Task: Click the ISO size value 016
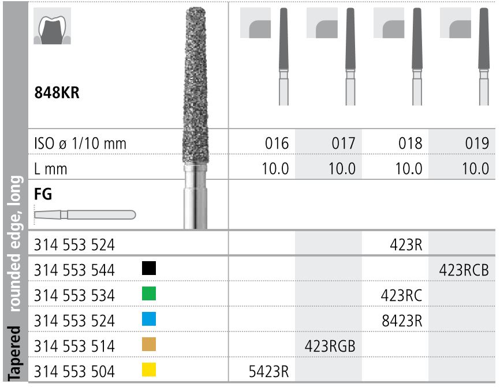277,143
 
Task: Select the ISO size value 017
344,143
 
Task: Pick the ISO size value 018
411,143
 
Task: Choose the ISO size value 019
477,143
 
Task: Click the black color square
148,268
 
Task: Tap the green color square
148,294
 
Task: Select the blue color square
148,319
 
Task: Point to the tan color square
148,345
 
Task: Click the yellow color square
148,370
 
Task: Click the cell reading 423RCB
464,270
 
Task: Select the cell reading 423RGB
330,346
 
